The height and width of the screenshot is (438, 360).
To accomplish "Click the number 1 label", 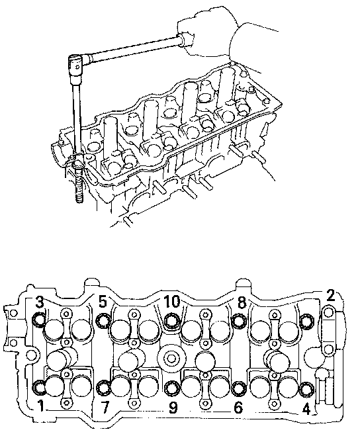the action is pos(41,406).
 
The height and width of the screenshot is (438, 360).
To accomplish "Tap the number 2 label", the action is pos(331,295).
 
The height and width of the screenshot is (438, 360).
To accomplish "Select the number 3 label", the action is pos(40,302).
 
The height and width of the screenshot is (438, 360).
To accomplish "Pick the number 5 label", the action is pos(103,302).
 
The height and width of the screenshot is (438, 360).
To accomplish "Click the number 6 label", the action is pos(238,408).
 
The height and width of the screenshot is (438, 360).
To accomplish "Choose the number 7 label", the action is pos(105,408).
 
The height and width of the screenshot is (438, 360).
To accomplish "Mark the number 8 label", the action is pos(242,302).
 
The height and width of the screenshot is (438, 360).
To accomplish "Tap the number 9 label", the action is pos(173,408).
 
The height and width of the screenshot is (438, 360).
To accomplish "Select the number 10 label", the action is pos(171,302).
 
